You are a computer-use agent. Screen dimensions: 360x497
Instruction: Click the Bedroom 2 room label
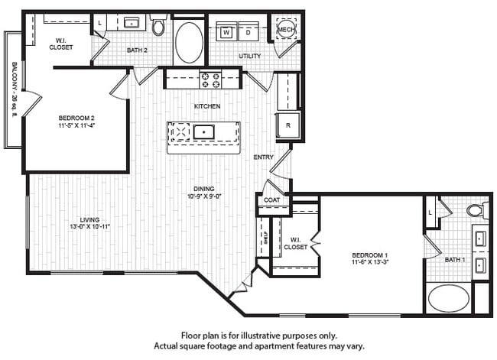(76, 118)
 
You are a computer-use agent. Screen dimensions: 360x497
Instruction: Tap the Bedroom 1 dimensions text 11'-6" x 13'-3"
(370, 263)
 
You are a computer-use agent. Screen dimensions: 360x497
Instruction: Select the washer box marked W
(227, 32)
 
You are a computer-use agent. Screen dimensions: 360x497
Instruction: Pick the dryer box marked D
(248, 32)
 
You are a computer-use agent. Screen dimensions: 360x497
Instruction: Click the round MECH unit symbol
(286, 28)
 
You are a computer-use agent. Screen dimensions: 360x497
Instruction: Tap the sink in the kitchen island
(204, 132)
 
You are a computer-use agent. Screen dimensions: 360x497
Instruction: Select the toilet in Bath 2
(158, 28)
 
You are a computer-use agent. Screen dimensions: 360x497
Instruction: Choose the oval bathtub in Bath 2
(189, 42)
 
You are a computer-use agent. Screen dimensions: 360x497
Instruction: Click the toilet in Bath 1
(476, 210)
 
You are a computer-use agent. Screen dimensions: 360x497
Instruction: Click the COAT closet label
(271, 200)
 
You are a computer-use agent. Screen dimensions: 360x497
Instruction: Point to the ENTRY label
(264, 157)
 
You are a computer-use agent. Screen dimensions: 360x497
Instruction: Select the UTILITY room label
(249, 56)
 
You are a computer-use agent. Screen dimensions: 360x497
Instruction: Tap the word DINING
(203, 189)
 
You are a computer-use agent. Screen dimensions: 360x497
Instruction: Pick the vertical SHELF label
(265, 238)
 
